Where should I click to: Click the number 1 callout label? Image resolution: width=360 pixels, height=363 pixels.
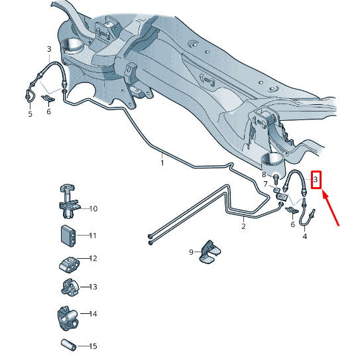(x=162, y=163)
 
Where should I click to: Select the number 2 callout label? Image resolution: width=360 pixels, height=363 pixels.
(x=243, y=226)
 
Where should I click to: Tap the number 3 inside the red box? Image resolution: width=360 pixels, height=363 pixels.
(x=316, y=179)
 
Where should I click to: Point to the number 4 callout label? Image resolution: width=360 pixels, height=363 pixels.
(x=305, y=236)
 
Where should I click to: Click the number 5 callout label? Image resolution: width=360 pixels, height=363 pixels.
(x=30, y=114)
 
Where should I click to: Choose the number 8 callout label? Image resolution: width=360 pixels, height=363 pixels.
(x=264, y=175)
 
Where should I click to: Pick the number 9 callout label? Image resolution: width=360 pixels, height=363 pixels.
(x=191, y=252)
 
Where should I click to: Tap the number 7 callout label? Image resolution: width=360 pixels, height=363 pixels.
(x=265, y=184)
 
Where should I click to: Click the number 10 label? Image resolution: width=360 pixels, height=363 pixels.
(x=93, y=208)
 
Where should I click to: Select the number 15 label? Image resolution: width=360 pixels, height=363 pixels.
(x=93, y=346)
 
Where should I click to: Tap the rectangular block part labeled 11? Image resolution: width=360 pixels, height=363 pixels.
(x=68, y=236)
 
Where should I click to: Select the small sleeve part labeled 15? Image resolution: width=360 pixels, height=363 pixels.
(x=69, y=344)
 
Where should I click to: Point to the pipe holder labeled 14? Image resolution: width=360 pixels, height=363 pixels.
(x=68, y=318)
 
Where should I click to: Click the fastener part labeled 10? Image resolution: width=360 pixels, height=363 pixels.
(x=69, y=202)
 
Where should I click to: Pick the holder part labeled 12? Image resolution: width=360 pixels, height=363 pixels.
(x=69, y=264)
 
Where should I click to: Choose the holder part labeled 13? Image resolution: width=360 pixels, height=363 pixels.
(x=70, y=288)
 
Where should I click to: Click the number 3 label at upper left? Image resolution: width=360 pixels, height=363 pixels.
(x=49, y=49)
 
